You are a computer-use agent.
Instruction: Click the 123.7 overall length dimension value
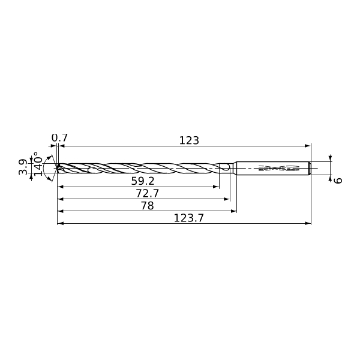pyautogui.click(x=189, y=218)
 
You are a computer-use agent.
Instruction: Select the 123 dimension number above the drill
pyautogui.click(x=189, y=140)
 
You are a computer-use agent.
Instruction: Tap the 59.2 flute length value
pyautogui.click(x=143, y=181)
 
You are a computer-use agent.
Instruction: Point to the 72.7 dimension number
pyautogui.click(x=148, y=193)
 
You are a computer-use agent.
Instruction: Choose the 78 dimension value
pyautogui.click(x=147, y=206)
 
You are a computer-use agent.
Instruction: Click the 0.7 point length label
pyautogui.click(x=59, y=138)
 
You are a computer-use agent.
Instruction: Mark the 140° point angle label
pyautogui.click(x=38, y=164)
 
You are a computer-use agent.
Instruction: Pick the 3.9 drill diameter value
pyautogui.click(x=23, y=167)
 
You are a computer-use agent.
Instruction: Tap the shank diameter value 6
pyautogui.click(x=338, y=181)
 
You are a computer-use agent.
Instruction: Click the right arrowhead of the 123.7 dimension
pyautogui.click(x=308, y=223)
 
